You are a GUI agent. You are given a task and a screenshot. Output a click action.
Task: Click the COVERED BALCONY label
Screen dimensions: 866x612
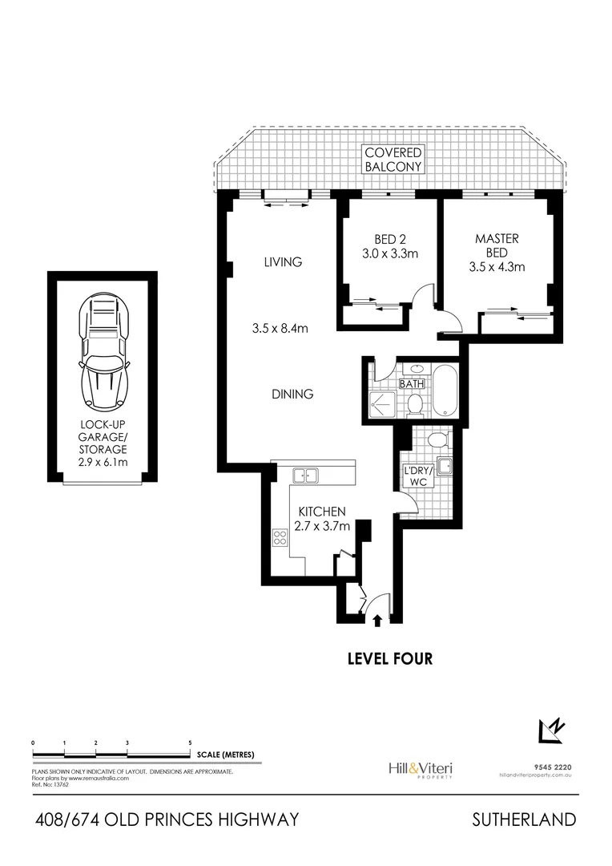(393, 160)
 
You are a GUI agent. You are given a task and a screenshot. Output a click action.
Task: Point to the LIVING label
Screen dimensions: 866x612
(284, 261)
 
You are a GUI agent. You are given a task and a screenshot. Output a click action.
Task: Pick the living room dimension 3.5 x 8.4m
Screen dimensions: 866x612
(280, 328)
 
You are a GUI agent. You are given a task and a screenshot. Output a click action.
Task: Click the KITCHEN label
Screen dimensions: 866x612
(321, 511)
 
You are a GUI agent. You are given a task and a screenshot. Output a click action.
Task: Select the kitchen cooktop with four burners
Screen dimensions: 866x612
(280, 537)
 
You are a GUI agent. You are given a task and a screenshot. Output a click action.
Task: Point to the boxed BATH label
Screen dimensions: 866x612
(412, 384)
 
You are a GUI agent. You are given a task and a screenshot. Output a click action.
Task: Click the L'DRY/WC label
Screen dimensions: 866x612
(417, 476)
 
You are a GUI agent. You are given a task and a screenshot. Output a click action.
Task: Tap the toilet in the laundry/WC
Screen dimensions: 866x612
(437, 440)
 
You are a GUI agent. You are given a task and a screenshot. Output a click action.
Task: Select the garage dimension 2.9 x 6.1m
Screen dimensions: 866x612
(102, 463)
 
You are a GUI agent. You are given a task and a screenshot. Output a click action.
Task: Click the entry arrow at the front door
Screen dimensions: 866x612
(377, 618)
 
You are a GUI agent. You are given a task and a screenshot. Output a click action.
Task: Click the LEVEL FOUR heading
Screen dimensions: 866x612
(389, 659)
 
